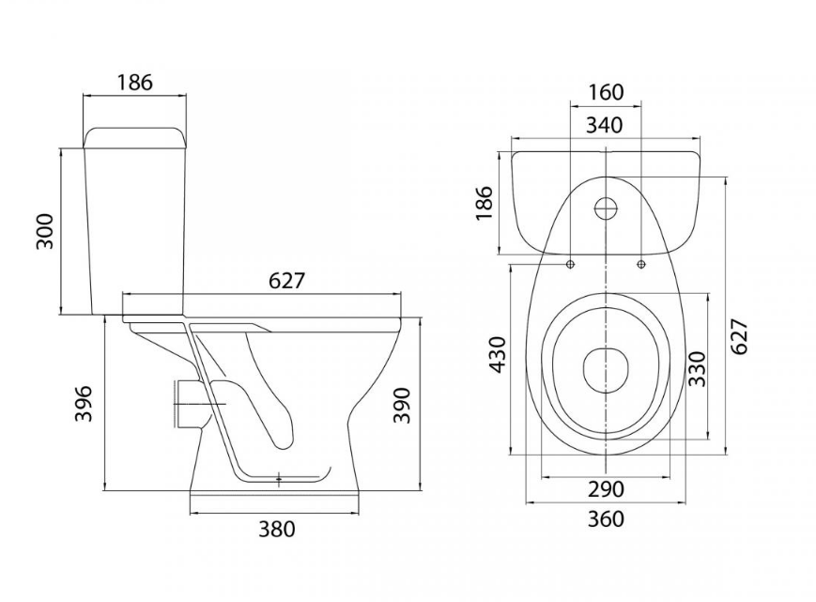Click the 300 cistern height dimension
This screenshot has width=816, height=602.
pyautogui.click(x=45, y=230)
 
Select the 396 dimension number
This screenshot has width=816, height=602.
pyautogui.click(x=84, y=404)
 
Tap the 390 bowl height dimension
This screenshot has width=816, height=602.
pyautogui.click(x=402, y=406)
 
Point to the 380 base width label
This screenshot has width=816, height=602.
pyautogui.click(x=277, y=530)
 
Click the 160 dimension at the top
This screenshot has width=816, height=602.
pyautogui.click(x=607, y=92)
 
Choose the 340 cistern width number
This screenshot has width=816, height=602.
pyautogui.click(x=605, y=126)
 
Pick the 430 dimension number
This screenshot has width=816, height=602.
pyautogui.click(x=498, y=355)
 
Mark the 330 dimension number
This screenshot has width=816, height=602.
pyautogui.click(x=697, y=369)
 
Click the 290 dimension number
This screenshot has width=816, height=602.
pyautogui.click(x=606, y=489)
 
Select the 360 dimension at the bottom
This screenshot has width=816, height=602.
pyautogui.click(x=606, y=518)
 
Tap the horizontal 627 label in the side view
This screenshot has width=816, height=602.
pyautogui.click(x=286, y=281)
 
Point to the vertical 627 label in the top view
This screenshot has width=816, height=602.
pyautogui.click(x=740, y=336)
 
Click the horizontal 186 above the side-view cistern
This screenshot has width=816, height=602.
pyautogui.click(x=135, y=83)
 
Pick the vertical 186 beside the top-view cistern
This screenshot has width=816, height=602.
pyautogui.click(x=484, y=203)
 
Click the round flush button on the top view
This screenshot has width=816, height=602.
pyautogui.click(x=607, y=208)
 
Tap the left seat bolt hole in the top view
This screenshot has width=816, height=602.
pyautogui.click(x=571, y=264)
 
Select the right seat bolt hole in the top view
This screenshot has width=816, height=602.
pyautogui.click(x=641, y=264)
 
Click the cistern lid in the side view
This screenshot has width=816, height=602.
pyautogui.click(x=135, y=138)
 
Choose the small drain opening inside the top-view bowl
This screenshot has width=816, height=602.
pyautogui.click(x=607, y=369)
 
